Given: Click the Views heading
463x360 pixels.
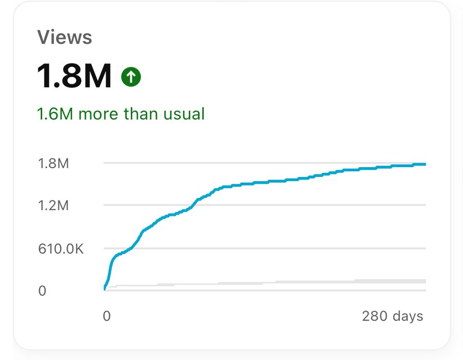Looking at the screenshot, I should (64, 38).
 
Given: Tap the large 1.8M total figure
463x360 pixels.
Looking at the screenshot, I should (74, 76).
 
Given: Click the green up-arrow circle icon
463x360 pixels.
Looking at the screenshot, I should (131, 77).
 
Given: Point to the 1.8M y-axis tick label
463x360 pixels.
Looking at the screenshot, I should (53, 164).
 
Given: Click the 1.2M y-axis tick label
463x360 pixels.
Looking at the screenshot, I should (53, 206).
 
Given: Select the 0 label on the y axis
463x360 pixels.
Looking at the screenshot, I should (42, 291).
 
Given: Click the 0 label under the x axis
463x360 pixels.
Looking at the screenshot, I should (106, 316).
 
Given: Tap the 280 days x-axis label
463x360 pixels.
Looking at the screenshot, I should (393, 316).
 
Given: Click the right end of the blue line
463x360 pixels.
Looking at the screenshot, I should (425, 165).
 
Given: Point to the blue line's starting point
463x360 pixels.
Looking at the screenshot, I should (104, 289).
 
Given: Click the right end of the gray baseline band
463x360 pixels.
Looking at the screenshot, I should (425, 281).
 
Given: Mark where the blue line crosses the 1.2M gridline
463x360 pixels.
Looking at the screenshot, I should (192, 205).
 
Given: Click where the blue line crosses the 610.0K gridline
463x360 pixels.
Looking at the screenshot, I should (131, 248).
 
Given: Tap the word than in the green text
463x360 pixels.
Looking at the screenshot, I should (139, 113).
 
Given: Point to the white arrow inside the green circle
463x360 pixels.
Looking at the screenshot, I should (131, 77).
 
